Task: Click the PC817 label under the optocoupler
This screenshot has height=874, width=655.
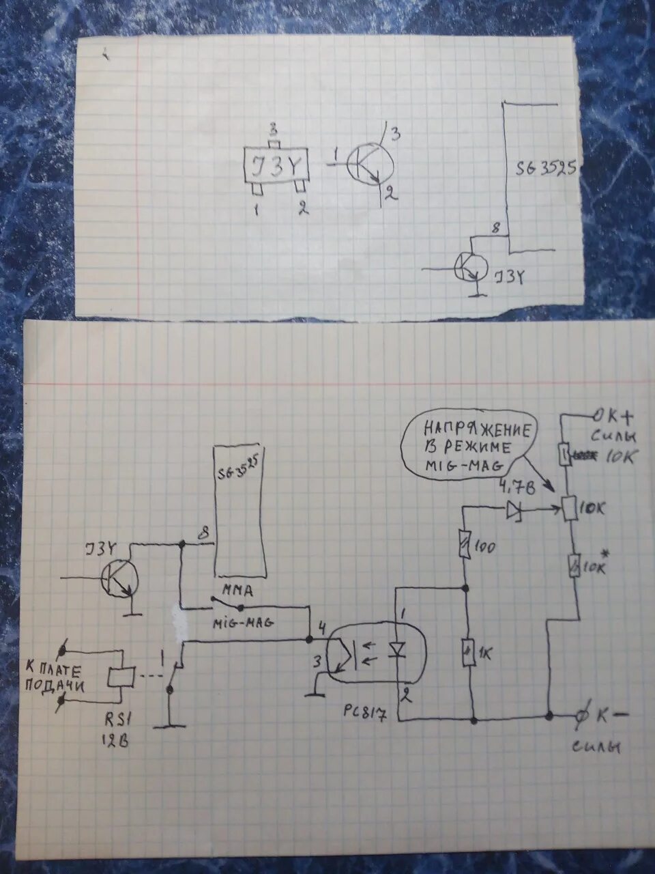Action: point(366,715)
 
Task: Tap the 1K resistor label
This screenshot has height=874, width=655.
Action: point(486,653)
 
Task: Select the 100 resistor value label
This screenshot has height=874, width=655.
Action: point(486,547)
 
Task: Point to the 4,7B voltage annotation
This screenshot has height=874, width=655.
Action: point(516,487)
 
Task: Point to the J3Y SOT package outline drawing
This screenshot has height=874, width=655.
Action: point(276,167)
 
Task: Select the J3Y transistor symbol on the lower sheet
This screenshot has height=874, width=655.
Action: point(119,579)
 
